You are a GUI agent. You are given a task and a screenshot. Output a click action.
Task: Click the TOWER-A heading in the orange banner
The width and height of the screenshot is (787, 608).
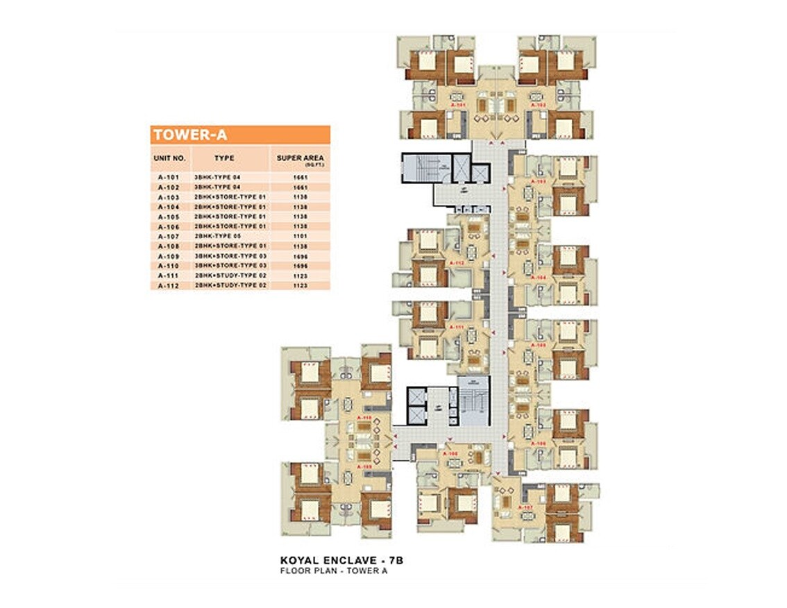[189, 135]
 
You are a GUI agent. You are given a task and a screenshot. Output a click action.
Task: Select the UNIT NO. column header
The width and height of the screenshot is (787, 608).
[169, 158]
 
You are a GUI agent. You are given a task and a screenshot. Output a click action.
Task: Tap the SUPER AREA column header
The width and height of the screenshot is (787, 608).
[300, 159]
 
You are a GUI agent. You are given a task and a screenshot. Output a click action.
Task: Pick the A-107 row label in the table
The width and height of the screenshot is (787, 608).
[169, 237]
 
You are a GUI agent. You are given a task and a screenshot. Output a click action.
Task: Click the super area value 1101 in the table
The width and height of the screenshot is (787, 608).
[301, 237]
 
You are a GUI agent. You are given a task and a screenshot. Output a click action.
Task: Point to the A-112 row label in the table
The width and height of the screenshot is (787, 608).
[169, 285]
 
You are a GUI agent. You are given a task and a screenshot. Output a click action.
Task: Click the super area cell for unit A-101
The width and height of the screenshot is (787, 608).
[301, 178]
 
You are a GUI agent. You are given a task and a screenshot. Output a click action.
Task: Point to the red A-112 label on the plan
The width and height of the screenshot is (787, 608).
[457, 264]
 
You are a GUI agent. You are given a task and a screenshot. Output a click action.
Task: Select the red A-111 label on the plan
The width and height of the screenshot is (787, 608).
[457, 326]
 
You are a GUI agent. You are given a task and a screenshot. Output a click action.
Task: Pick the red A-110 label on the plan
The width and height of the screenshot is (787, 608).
[364, 418]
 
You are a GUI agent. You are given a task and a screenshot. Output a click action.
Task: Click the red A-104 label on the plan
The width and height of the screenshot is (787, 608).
[539, 278]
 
